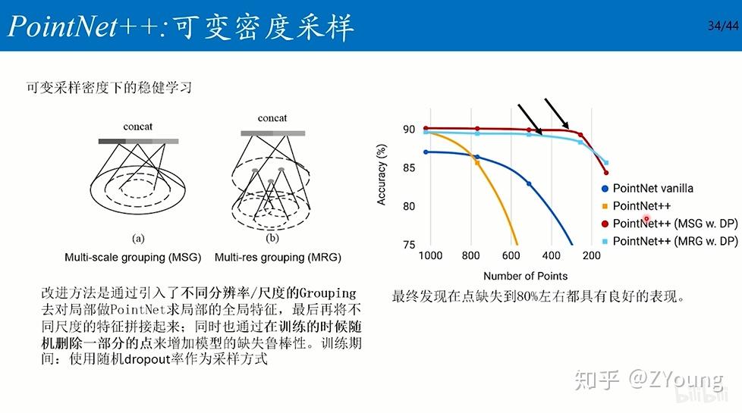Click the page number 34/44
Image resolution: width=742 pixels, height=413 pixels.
click(721, 26)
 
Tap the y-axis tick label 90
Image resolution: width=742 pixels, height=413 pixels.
click(409, 130)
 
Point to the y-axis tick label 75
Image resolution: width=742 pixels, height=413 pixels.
click(409, 245)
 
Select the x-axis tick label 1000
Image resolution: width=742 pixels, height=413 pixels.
click(430, 256)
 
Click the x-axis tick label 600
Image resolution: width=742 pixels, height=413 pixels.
click(511, 256)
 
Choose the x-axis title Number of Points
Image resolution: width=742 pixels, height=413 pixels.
click(525, 276)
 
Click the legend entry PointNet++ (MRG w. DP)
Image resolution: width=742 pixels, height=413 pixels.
click(674, 241)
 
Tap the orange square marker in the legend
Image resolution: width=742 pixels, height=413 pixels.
click(604, 206)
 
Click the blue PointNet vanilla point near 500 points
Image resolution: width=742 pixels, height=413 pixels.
click(529, 184)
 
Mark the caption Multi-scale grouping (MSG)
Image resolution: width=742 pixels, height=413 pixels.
click(133, 258)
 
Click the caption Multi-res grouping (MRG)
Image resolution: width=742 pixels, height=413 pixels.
click(278, 258)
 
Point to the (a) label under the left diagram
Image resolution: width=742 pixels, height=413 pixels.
click(138, 238)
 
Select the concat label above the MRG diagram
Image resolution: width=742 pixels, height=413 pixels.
click(272, 118)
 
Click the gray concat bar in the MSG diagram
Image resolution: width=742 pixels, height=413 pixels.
click(138, 141)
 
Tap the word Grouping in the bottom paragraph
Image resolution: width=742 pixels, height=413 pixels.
click(328, 293)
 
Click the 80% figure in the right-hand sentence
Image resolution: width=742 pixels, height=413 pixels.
click(527, 298)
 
